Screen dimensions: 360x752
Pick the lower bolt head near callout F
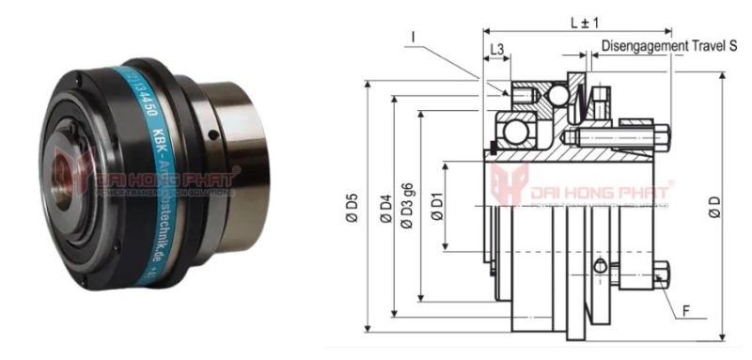[663, 274]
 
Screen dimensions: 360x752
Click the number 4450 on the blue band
[140, 96]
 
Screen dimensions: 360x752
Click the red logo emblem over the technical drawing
[509, 184]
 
